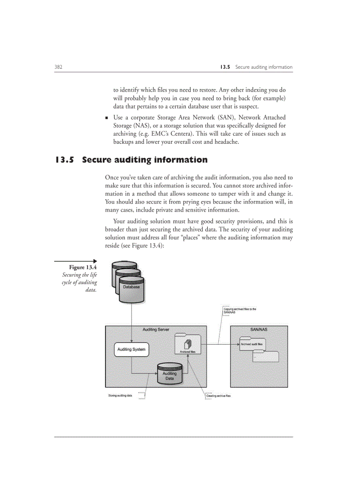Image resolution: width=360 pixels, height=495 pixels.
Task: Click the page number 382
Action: click(x=58, y=67)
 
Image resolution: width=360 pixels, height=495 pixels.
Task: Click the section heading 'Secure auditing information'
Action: click(x=145, y=160)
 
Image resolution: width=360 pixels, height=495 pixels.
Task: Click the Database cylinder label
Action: click(x=131, y=287)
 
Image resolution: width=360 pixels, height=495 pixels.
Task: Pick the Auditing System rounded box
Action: click(x=131, y=350)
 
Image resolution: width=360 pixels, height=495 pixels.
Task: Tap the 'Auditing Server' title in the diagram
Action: click(x=156, y=330)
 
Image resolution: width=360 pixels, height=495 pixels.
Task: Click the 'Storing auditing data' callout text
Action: click(x=120, y=396)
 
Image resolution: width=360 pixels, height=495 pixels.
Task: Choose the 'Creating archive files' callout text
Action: click(x=218, y=396)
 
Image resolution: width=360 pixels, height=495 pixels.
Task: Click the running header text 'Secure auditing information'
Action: click(x=263, y=67)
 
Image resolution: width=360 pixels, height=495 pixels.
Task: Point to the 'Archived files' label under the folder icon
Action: click(x=187, y=352)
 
